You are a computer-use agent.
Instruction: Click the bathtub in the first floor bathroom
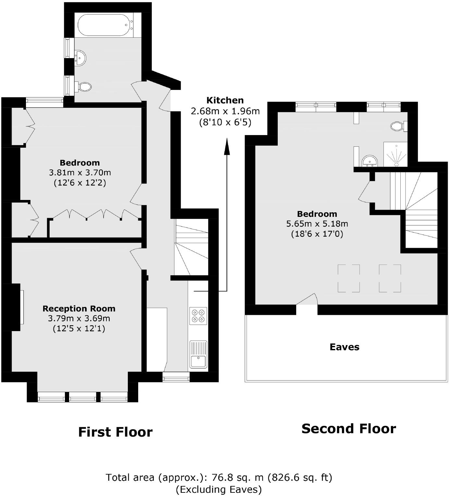click(x=103, y=25)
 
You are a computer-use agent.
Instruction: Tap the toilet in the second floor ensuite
click(x=398, y=126)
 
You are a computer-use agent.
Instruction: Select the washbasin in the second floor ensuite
click(x=370, y=161)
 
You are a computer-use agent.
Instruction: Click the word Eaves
click(x=344, y=347)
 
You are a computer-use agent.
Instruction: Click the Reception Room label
click(x=79, y=308)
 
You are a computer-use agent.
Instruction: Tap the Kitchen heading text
click(x=225, y=100)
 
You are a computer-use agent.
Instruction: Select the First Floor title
click(x=115, y=432)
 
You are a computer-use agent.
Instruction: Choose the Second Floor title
click(x=348, y=428)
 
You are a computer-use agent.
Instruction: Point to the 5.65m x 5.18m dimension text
click(x=317, y=224)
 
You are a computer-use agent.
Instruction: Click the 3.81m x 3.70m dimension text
click(x=80, y=172)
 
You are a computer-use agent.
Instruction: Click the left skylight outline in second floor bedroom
click(x=349, y=278)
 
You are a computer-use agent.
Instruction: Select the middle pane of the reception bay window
click(x=83, y=397)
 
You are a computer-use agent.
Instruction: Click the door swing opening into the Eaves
click(x=307, y=300)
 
